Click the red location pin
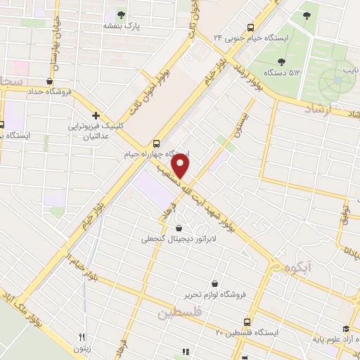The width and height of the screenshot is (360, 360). [181, 166]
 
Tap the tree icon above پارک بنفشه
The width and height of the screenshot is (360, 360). [121, 13]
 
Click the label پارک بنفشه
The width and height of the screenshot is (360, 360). [120, 25]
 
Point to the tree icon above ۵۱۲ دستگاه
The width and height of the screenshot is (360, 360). [282, 62]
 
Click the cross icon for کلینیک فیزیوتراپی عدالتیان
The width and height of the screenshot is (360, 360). [96, 115]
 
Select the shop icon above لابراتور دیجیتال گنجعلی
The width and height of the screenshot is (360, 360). [179, 228]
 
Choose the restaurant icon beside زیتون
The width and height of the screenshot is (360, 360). [82, 337]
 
